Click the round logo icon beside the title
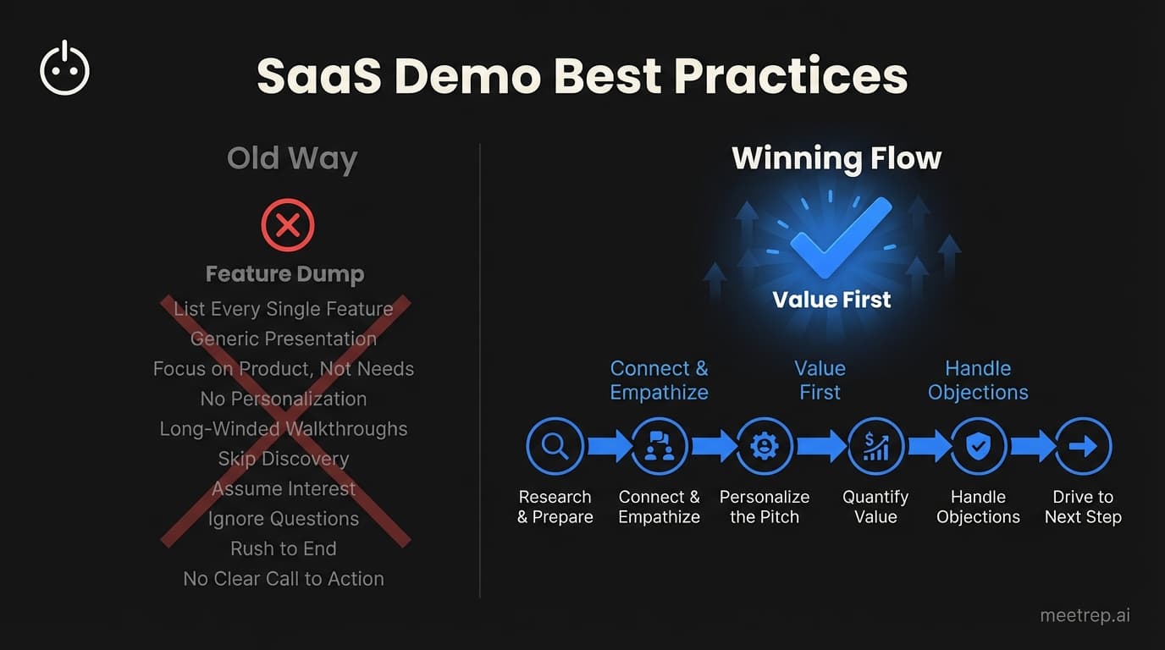(65, 69)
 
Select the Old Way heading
(292, 159)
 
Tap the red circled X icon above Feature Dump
(288, 226)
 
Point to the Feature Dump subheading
(284, 274)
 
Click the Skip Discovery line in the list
(284, 459)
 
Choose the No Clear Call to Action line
(284, 579)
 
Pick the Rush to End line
(284, 548)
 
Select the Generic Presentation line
(284, 339)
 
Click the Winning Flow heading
(836, 158)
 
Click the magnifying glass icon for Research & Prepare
(555, 446)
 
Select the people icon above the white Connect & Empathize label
(660, 446)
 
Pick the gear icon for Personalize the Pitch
(765, 446)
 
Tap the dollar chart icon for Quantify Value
(875, 446)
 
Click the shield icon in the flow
(979, 446)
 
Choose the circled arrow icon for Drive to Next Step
(1083, 446)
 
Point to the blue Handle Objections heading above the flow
(978, 380)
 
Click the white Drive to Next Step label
(1083, 507)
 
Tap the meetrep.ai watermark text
(1085, 615)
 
